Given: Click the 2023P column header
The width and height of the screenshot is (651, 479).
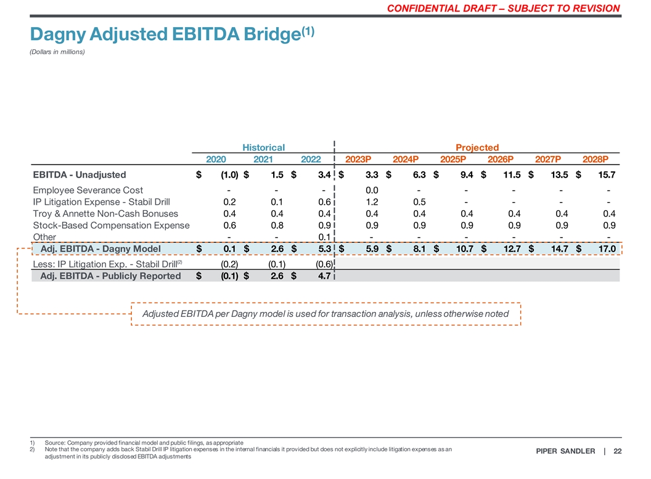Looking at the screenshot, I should coord(358,159).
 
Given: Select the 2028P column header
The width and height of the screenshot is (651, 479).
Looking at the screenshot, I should coord(595,159).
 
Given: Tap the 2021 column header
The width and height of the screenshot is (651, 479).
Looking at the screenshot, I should coord(263,159).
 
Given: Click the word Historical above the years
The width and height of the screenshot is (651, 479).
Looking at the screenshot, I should coord(263,147).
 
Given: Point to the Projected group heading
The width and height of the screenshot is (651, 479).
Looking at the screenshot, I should coord(477,147).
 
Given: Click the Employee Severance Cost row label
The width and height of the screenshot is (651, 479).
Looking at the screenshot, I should coord(88,190).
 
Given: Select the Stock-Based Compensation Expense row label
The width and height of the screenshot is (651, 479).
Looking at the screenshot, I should coord(111,225).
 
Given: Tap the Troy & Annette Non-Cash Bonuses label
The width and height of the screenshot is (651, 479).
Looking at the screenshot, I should coord(105,213).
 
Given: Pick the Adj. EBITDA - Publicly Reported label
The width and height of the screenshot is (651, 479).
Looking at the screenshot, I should coord(110,276).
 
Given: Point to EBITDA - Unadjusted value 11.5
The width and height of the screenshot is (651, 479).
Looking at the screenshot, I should coord(512,174).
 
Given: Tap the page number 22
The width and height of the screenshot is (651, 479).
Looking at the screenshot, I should coord(617,452).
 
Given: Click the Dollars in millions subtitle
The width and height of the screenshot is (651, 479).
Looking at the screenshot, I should coord(57,52).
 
